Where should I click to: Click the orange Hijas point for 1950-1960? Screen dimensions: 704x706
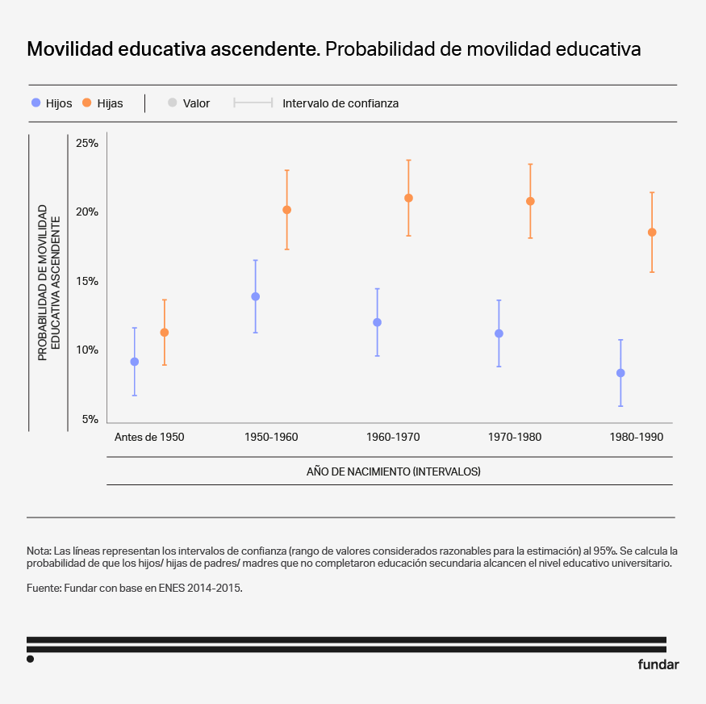286,210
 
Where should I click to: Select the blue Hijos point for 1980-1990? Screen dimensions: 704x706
620,373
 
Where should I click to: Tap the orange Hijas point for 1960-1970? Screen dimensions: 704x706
408,198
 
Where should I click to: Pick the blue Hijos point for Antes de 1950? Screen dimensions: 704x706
134,362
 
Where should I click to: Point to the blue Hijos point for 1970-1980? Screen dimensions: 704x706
499,333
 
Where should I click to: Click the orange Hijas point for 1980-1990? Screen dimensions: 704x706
652,233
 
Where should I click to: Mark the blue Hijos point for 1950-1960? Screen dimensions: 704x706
256,296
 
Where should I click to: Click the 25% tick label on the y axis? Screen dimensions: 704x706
86,144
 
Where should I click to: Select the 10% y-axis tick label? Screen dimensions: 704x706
86,350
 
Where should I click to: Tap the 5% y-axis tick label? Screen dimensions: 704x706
89,420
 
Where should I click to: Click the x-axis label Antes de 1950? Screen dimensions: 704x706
149,438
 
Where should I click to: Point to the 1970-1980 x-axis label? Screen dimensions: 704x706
515,438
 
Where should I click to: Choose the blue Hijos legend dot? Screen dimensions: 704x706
36,103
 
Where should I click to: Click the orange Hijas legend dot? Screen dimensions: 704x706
86,103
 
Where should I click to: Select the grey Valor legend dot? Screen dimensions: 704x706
172,103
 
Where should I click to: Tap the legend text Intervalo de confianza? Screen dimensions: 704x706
340,103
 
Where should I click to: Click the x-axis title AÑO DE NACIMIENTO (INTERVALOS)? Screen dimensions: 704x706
393,471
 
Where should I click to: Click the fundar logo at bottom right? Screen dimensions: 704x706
658,665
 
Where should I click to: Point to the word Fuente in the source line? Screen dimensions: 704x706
44,589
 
